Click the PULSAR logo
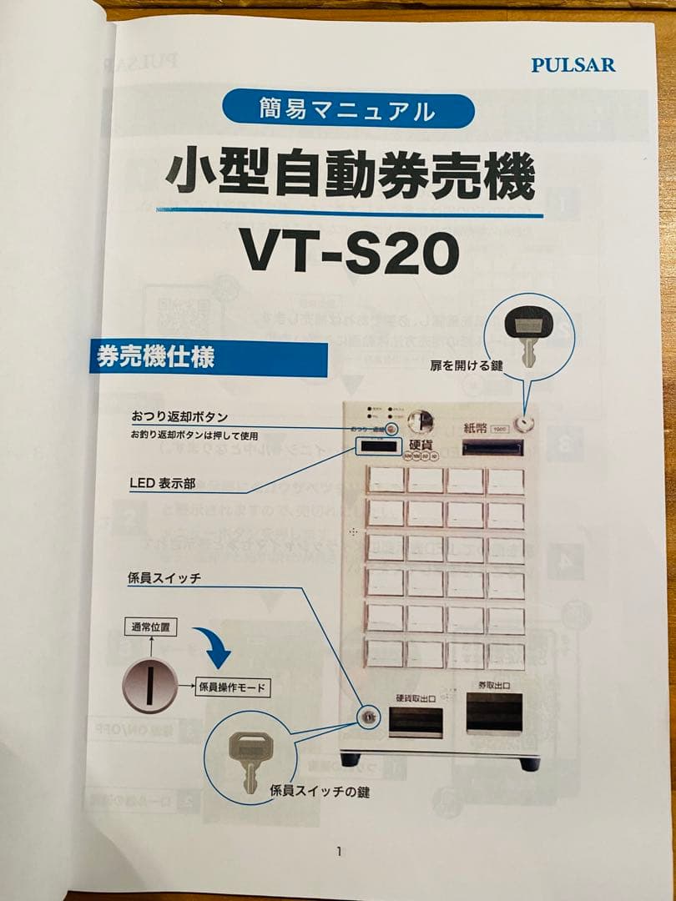click(573, 64)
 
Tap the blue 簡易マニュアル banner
click(348, 109)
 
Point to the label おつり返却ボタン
click(179, 416)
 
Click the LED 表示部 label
click(163, 483)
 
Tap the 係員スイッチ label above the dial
click(165, 577)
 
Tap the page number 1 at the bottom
click(339, 851)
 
